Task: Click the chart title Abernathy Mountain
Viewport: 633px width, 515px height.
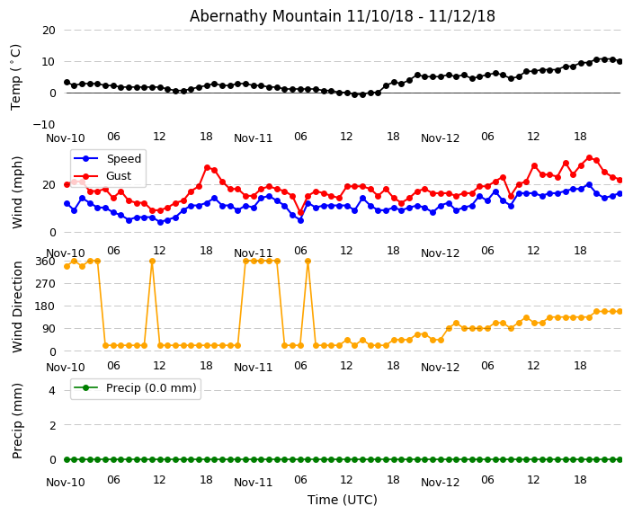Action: pos(342,16)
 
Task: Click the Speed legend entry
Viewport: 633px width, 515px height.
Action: pos(123,159)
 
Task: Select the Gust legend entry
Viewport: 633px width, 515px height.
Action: pos(120,176)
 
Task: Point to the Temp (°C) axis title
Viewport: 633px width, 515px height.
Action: pos(16,76)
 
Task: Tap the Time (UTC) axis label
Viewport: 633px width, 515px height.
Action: pos(343,500)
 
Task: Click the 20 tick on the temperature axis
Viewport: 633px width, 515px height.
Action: pos(48,31)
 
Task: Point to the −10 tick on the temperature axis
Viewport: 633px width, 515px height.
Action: pos(44,124)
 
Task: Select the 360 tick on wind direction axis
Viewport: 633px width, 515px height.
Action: pos(45,261)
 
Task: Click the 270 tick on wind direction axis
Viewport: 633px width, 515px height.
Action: pos(45,283)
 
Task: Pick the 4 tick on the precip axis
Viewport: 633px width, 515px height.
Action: pos(51,390)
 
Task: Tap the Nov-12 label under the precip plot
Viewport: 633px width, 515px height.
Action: pos(440,483)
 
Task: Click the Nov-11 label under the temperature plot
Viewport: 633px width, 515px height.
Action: pos(253,138)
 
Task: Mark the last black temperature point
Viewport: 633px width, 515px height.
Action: pos(620,61)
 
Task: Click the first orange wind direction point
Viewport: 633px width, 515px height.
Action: pos(67,266)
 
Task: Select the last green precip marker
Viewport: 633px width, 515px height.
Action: pos(620,459)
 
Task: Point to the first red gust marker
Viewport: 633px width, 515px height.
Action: pos(67,184)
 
